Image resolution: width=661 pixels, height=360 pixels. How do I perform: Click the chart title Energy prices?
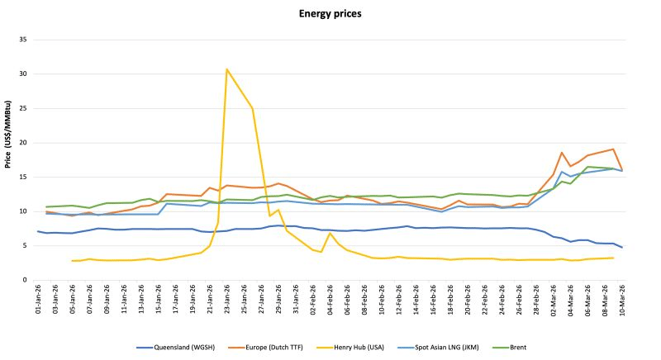[x=330, y=14]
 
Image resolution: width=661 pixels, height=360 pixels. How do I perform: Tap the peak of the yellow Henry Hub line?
[x=226, y=69]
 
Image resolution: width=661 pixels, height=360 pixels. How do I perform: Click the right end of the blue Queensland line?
[x=621, y=247]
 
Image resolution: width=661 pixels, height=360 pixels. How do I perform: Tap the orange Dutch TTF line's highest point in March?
[x=613, y=149]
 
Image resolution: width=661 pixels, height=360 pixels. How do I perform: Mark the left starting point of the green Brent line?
[x=46, y=206]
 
